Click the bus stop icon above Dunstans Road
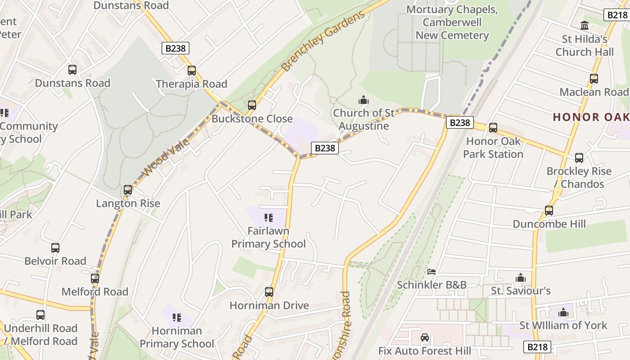coord(72,70)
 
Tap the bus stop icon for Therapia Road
coord(192,71)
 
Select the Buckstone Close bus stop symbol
coord(252,105)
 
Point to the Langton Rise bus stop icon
coord(128,190)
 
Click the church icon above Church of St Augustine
coord(363,99)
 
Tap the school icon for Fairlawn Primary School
coord(269,218)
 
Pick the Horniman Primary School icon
coord(177,318)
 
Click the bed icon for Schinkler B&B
coord(432,271)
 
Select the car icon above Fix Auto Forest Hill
coord(424,337)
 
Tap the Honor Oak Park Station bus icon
coord(493,128)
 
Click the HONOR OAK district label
coord(590,117)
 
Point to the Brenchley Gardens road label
coord(323,42)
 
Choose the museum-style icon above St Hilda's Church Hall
coord(585,26)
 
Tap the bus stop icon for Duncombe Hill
coord(549,210)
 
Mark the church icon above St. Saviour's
coord(521,278)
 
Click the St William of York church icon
coord(563,312)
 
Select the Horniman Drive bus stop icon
coord(269,292)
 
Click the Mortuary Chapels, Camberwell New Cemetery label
coord(452,22)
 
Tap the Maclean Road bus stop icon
coord(594,79)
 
